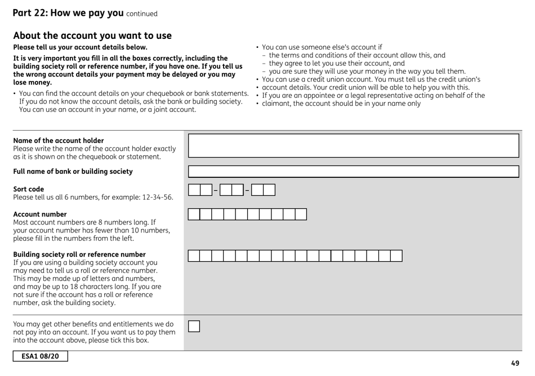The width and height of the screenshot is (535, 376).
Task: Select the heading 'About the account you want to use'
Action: (92, 35)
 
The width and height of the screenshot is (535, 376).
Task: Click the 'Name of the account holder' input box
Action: (353, 146)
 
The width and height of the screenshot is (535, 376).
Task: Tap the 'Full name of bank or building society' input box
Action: (353, 172)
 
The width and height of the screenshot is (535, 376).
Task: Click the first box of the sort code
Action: (194, 190)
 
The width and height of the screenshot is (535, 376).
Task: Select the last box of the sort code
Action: (269, 190)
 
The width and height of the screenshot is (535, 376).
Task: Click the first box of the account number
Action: (194, 214)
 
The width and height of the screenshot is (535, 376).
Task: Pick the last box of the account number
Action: (301, 214)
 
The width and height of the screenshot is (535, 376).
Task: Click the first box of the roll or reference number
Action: (194, 256)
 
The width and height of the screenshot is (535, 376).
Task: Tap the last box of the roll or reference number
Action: (396, 256)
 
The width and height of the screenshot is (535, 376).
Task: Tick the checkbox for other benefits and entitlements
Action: (194, 326)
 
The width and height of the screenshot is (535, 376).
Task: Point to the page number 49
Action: (515, 363)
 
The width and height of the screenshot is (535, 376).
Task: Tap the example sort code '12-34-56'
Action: (158, 197)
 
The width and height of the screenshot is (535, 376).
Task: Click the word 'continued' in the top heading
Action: (142, 14)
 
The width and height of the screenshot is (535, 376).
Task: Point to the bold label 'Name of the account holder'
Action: (59, 140)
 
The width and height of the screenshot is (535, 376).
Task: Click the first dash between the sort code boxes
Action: (215, 190)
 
